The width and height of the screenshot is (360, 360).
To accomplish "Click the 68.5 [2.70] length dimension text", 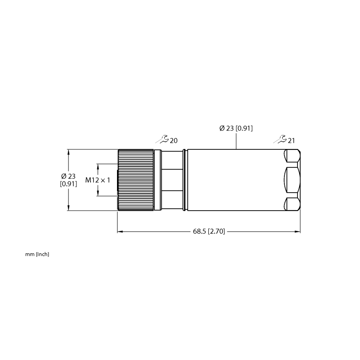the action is pos(209,231).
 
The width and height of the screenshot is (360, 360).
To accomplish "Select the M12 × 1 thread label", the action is pos(98,180).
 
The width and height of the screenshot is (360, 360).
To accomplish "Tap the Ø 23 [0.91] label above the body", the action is pos(236,128).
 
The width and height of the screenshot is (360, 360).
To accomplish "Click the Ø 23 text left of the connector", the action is pos(68,176).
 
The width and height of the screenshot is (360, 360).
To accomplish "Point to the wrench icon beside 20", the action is pos(162,139).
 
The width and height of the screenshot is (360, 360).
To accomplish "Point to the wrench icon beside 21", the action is pos(280,139).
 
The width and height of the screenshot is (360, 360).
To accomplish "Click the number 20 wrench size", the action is pos(174,141).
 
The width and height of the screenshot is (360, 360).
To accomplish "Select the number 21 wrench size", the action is pos(291,141).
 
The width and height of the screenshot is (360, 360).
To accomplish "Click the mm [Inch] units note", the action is pos(37,254).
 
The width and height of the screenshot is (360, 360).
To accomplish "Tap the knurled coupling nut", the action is pos(135,180).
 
